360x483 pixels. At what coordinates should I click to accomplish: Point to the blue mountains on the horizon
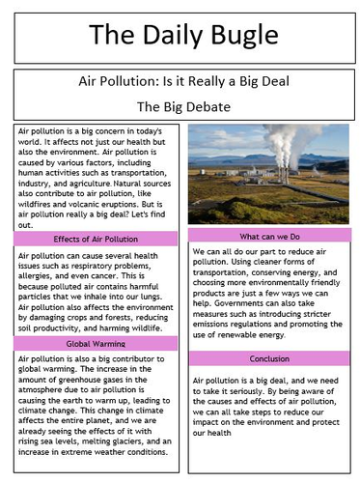point(318,164)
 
